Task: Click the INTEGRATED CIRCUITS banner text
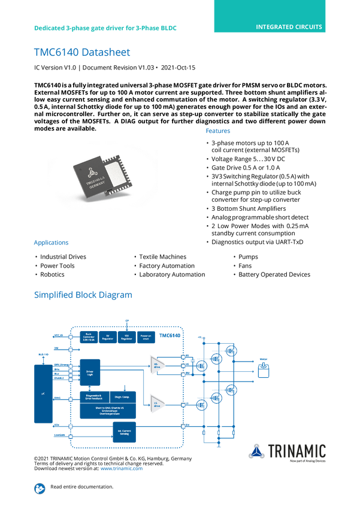tap(289, 27)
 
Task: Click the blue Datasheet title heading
tap(81, 53)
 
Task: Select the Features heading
tap(219, 131)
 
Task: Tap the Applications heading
tap(51, 243)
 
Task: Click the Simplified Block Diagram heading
tap(83, 295)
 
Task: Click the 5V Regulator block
tap(108, 337)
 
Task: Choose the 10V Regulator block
tap(127, 337)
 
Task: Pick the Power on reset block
tap(146, 337)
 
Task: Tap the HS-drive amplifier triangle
tap(157, 365)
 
